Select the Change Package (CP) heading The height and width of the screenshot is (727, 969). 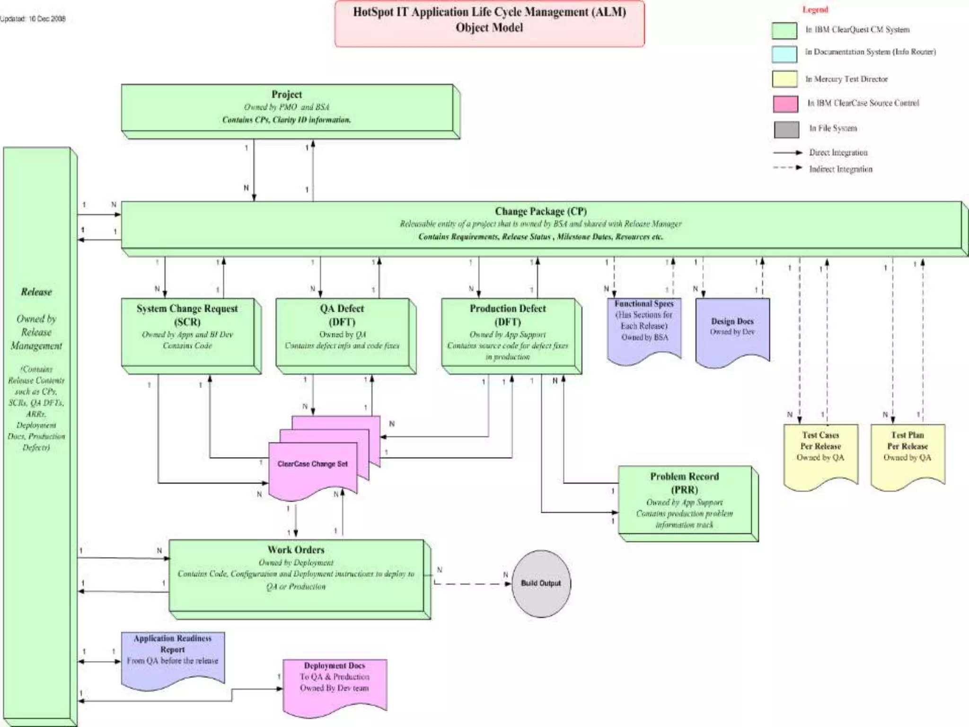tap(540, 211)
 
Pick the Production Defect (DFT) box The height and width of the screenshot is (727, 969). tap(508, 331)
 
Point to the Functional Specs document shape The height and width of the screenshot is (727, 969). tap(644, 327)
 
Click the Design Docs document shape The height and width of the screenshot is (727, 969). tap(732, 329)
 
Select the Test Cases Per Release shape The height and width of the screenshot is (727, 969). tap(820, 452)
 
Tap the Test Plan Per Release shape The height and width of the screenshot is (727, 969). tap(907, 452)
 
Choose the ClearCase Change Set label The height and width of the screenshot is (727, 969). tap(312, 464)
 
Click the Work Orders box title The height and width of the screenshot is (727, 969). tap(296, 550)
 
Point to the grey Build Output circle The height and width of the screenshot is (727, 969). tap(541, 583)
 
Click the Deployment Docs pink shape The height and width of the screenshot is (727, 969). tap(334, 682)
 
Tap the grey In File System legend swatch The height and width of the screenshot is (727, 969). tap(786, 129)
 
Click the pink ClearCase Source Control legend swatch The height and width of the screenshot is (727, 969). tap(785, 104)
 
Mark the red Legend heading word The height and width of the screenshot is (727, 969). tap(815, 9)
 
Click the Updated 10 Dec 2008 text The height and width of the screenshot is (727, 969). tap(33, 19)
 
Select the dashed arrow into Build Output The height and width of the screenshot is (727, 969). tap(473, 584)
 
